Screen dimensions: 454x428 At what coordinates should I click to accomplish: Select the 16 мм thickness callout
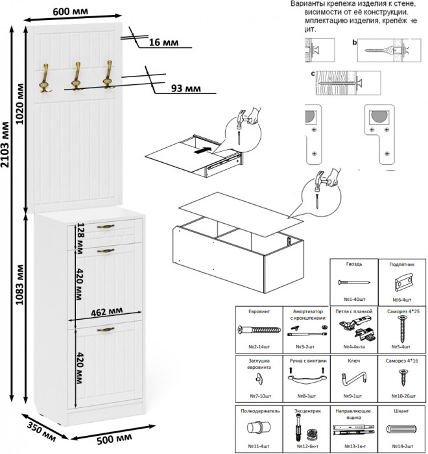[163, 42]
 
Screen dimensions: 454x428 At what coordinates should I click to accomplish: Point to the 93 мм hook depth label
[185, 89]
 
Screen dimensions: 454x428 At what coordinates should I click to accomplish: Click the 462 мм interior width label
[104, 311]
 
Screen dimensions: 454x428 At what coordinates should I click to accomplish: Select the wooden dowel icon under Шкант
[401, 431]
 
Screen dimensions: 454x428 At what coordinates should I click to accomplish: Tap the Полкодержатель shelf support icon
[257, 430]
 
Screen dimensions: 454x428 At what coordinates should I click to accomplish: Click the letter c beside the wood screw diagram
[313, 73]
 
